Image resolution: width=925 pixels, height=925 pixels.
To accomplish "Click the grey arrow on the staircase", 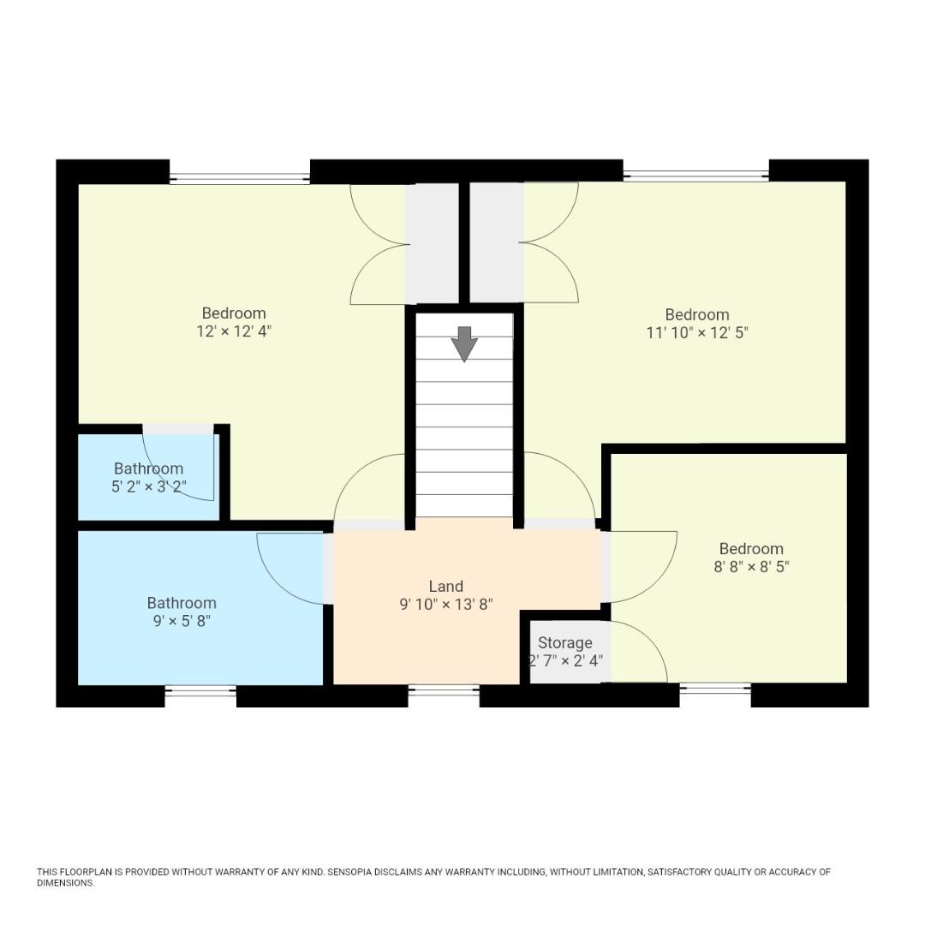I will coord(464,343).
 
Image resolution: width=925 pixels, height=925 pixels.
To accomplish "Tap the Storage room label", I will coord(564,642).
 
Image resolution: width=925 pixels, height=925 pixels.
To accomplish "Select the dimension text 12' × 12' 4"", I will coord(234,331).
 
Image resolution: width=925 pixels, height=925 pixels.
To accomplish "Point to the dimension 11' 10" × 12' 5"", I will coord(697,333).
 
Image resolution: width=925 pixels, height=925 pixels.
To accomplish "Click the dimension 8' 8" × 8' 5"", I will coord(751,567).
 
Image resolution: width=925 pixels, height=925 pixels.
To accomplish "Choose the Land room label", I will coord(445,587).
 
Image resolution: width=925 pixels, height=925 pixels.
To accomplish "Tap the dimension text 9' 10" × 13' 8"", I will coord(445,605).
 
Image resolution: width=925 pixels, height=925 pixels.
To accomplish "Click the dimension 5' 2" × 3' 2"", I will coord(149,486).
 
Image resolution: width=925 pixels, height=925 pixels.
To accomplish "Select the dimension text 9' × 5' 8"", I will coord(182,621).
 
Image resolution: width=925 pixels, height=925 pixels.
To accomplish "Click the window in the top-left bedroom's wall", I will coord(240,178).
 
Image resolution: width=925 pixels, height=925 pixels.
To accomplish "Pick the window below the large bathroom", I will coord(200,690).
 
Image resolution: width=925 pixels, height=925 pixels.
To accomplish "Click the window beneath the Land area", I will coord(443,690).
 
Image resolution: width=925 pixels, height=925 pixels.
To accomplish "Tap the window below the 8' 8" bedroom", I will coord(715,689).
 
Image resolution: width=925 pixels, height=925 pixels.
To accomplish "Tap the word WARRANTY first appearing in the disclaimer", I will coord(240,872).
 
